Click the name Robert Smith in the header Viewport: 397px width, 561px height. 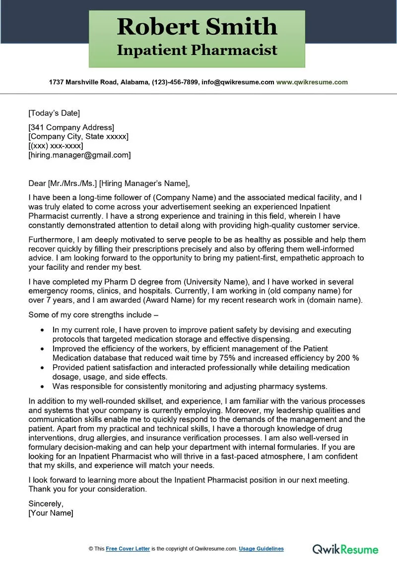tap(197, 26)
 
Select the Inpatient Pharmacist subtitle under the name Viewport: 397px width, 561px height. tap(197, 50)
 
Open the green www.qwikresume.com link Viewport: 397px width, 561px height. tap(312, 82)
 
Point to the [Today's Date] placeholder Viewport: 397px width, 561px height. tap(54, 113)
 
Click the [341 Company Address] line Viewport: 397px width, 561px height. tap(71, 127)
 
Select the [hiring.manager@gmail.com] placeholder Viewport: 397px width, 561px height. tap(79, 155)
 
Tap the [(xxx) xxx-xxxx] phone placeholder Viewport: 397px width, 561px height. tap(56, 146)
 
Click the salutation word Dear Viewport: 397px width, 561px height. tap(37, 184)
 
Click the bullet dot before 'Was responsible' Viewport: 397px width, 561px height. tap(42, 386)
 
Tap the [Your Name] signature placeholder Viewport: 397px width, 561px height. tap(51, 513)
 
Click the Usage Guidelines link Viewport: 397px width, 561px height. tap(261, 549)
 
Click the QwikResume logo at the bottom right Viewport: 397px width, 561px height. tap(345, 549)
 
